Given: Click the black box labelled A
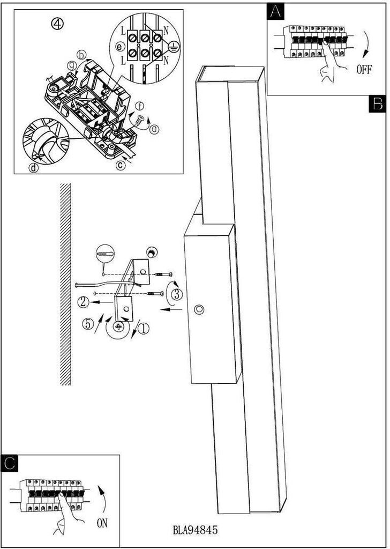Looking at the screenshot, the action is point(275,12).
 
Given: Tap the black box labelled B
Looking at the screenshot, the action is point(377,103).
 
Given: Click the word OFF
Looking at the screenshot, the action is point(363,70).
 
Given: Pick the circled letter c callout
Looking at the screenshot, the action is point(121,165).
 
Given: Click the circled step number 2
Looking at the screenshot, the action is point(83,302).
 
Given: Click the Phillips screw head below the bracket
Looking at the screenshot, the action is point(118,326).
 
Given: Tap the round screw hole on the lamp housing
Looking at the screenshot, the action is point(200,310).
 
